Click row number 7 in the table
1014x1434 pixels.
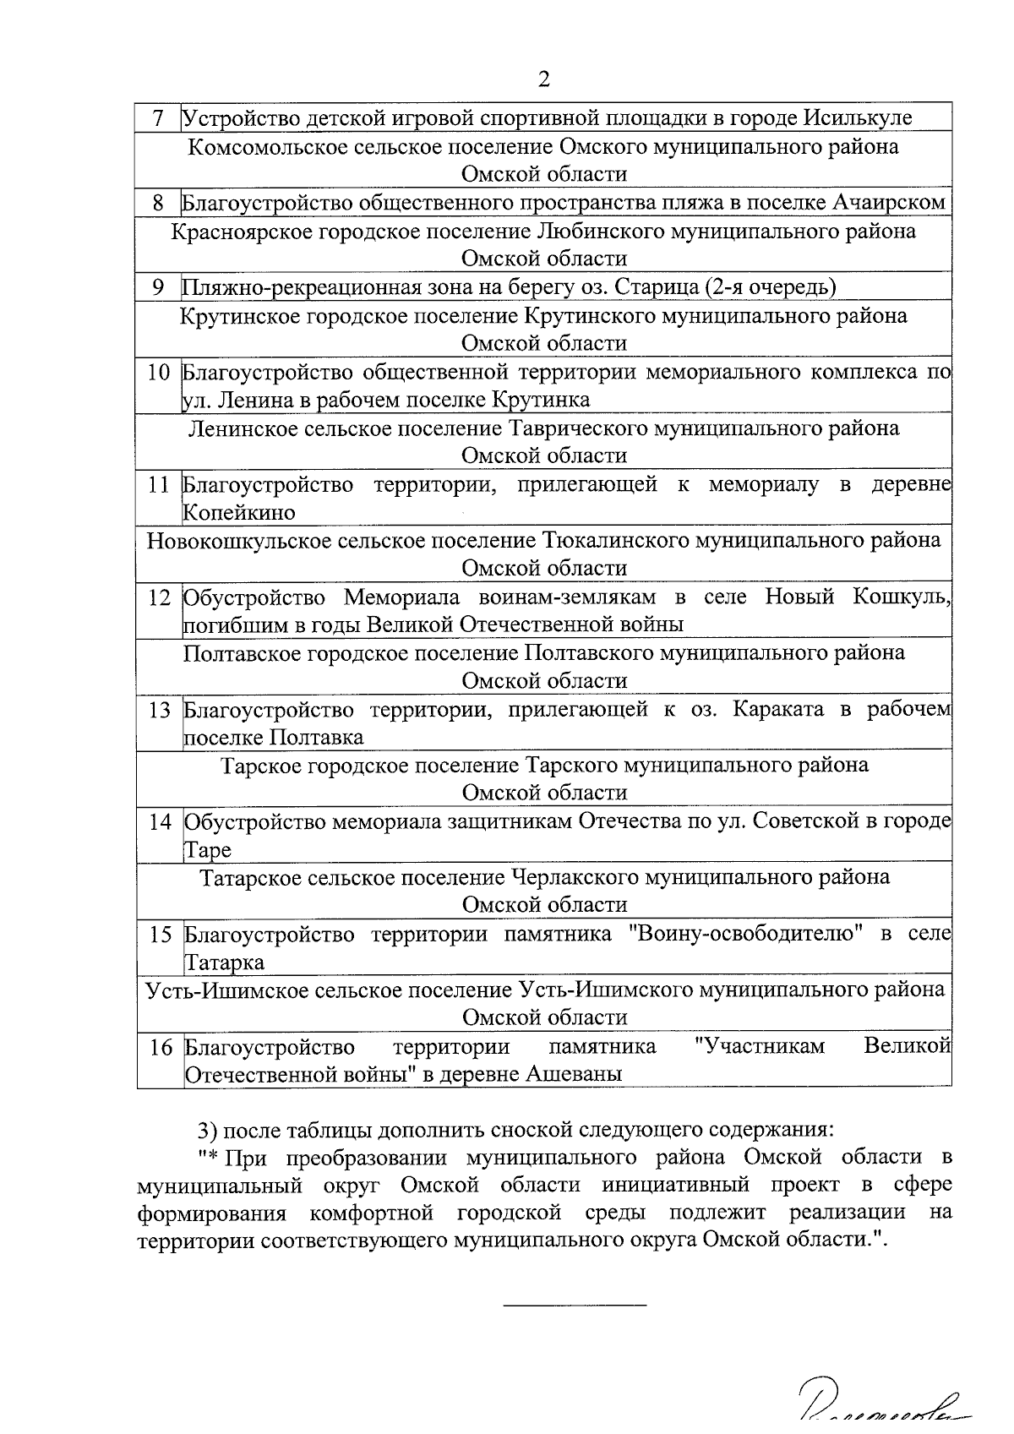[158, 117]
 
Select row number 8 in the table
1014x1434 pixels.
[158, 203]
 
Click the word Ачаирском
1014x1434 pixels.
[888, 203]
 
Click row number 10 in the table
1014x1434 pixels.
[158, 373]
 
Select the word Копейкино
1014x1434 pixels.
[239, 513]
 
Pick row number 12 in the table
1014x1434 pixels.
[158, 597]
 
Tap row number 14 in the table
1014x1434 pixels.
[158, 822]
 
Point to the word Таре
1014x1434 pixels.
[207, 850]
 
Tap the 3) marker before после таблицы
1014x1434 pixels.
[208, 1130]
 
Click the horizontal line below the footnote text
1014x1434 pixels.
[575, 1306]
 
